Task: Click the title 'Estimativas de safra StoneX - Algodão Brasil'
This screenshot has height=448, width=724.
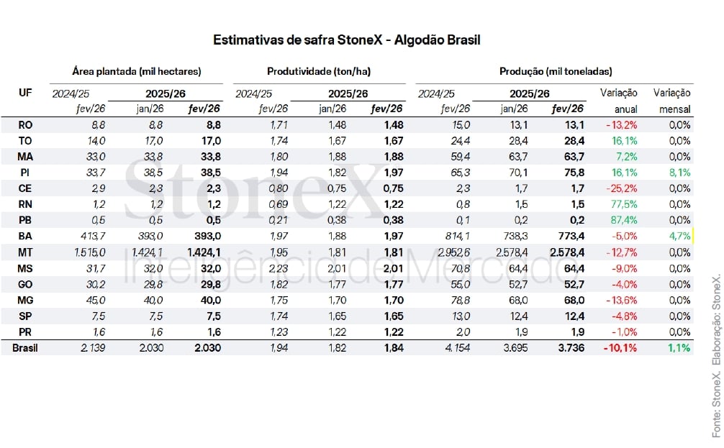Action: point(346,40)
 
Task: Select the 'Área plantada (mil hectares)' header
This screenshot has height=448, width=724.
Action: point(137,71)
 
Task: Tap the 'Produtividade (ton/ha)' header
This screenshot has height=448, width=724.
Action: point(319,71)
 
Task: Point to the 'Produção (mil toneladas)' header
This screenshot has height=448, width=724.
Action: point(556,71)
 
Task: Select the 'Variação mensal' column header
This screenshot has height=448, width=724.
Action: point(672,101)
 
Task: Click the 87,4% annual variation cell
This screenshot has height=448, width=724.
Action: point(624,219)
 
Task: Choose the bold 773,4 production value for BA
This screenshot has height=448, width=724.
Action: point(569,236)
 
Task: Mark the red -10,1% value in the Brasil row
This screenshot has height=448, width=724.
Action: point(623,347)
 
